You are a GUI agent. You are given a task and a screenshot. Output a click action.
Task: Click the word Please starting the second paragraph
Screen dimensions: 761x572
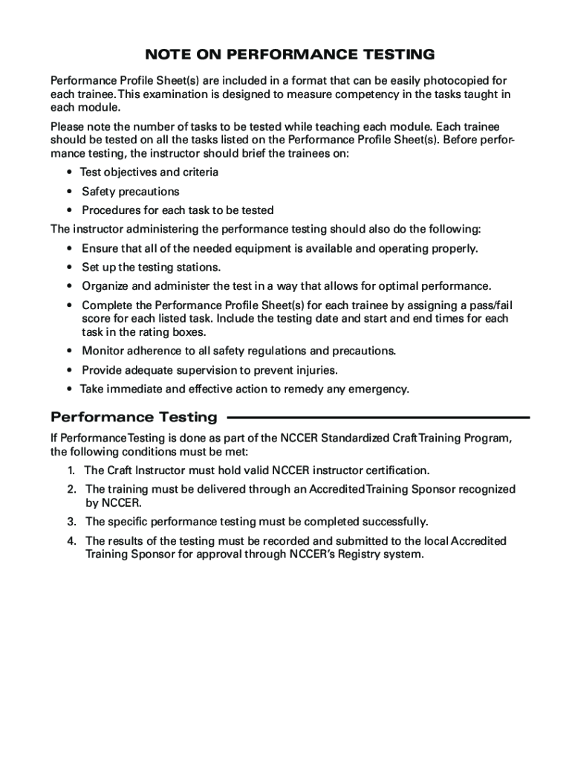pyautogui.click(x=68, y=126)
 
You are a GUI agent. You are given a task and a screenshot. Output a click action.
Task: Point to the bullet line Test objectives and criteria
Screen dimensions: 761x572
pyautogui.click(x=149, y=172)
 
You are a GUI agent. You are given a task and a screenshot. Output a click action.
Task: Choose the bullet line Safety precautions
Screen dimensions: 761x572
pyautogui.click(x=130, y=191)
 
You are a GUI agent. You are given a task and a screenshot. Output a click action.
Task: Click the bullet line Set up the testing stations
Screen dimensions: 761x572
pyautogui.click(x=151, y=267)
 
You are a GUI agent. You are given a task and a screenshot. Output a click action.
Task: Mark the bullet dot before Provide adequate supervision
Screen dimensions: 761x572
pyautogui.click(x=69, y=370)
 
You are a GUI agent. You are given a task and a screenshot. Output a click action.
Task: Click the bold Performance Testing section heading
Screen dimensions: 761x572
pyautogui.click(x=134, y=417)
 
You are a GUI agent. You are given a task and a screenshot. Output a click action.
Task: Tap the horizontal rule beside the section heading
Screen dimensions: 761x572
pyautogui.click(x=379, y=418)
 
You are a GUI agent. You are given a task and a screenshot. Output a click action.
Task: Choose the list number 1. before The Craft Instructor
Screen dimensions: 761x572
pyautogui.click(x=71, y=470)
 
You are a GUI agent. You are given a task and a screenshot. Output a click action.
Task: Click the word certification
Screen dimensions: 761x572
pyautogui.click(x=396, y=470)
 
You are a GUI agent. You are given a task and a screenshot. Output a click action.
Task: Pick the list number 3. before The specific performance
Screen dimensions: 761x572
pyautogui.click(x=71, y=522)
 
